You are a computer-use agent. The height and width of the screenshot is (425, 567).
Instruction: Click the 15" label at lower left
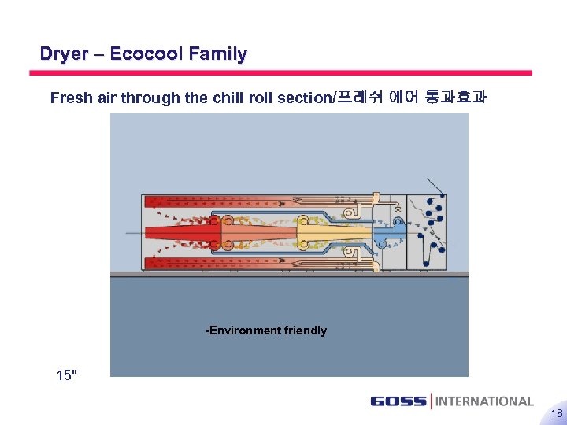pyautogui.click(x=68, y=375)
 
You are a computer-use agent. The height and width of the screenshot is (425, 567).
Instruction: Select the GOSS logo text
pyautogui.click(x=398, y=401)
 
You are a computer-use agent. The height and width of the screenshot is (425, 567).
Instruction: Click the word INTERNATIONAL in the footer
pyautogui.click(x=484, y=401)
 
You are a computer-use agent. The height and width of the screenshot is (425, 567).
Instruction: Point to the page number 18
pyautogui.click(x=556, y=413)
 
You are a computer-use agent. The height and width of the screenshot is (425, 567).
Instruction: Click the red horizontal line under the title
pyautogui.click(x=280, y=73)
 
